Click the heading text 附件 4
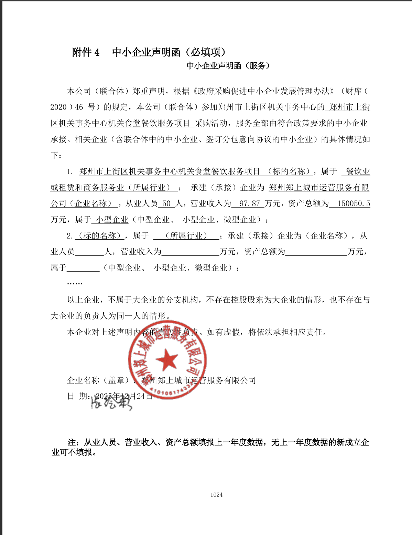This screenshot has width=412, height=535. click(86, 52)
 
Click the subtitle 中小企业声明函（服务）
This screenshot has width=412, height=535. click(228, 66)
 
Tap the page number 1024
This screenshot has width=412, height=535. click(216, 495)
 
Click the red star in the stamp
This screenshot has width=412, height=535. click(167, 359)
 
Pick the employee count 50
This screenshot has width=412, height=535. click(166, 203)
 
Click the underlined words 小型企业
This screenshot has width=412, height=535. click(112, 220)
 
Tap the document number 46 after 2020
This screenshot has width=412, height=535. click(79, 107)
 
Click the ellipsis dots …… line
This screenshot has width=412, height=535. click(75, 283)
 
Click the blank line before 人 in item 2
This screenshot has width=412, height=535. click(89, 252)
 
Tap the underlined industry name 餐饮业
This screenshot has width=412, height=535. click(358, 171)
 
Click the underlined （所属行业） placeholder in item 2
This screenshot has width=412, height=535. click(186, 236)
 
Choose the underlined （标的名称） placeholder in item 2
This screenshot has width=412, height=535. click(100, 236)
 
